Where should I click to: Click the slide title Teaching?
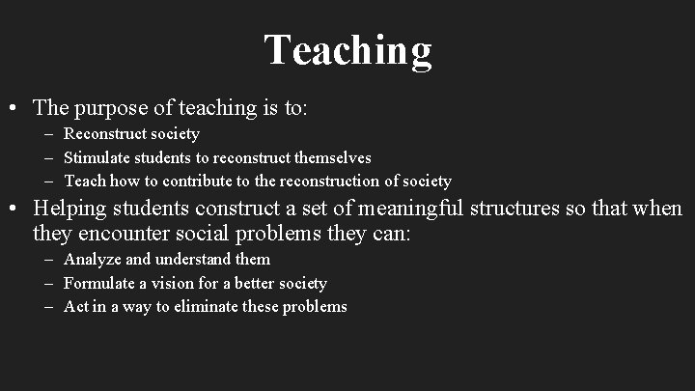[x=347, y=50]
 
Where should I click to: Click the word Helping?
[x=69, y=209]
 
